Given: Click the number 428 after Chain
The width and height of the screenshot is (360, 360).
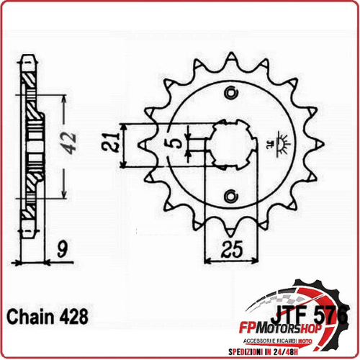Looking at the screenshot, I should (x=76, y=317).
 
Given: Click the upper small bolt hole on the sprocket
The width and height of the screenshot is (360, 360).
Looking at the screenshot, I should (x=232, y=91).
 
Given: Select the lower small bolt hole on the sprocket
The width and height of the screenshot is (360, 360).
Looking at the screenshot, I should (x=232, y=194).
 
